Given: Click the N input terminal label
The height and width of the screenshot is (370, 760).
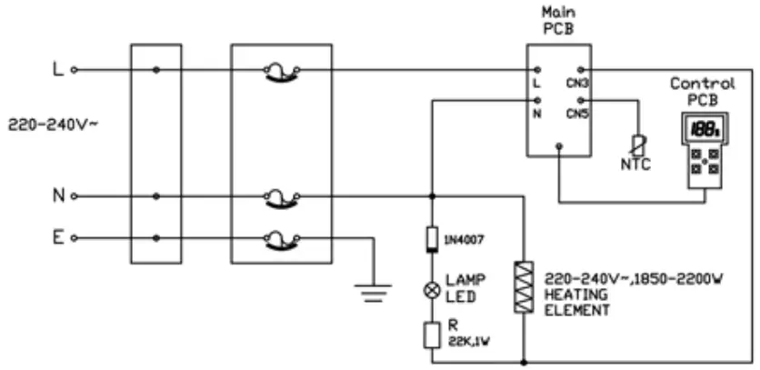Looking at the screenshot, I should (x=57, y=195).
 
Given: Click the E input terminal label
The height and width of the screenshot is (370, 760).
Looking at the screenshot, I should (x=57, y=237).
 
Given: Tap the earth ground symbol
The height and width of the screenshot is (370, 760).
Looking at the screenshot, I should (x=373, y=292).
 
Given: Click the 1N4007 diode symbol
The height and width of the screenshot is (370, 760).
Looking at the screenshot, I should (x=433, y=240).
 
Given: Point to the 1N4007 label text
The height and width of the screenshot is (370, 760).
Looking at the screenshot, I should (x=466, y=240).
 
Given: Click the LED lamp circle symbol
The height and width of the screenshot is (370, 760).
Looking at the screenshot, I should (x=433, y=290).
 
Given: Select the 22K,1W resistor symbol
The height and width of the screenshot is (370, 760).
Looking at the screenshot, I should (x=433, y=334).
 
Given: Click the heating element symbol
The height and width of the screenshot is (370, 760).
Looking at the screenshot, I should (x=525, y=287).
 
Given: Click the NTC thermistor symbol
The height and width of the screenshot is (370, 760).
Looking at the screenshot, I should (x=636, y=142).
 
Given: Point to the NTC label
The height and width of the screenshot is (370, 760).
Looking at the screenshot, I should (x=635, y=165).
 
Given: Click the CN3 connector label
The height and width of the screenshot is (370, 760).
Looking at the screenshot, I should (x=576, y=84).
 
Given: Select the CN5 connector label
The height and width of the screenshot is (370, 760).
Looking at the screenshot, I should (x=576, y=114).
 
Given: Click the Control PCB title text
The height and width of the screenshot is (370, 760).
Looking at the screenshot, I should (x=703, y=89).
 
